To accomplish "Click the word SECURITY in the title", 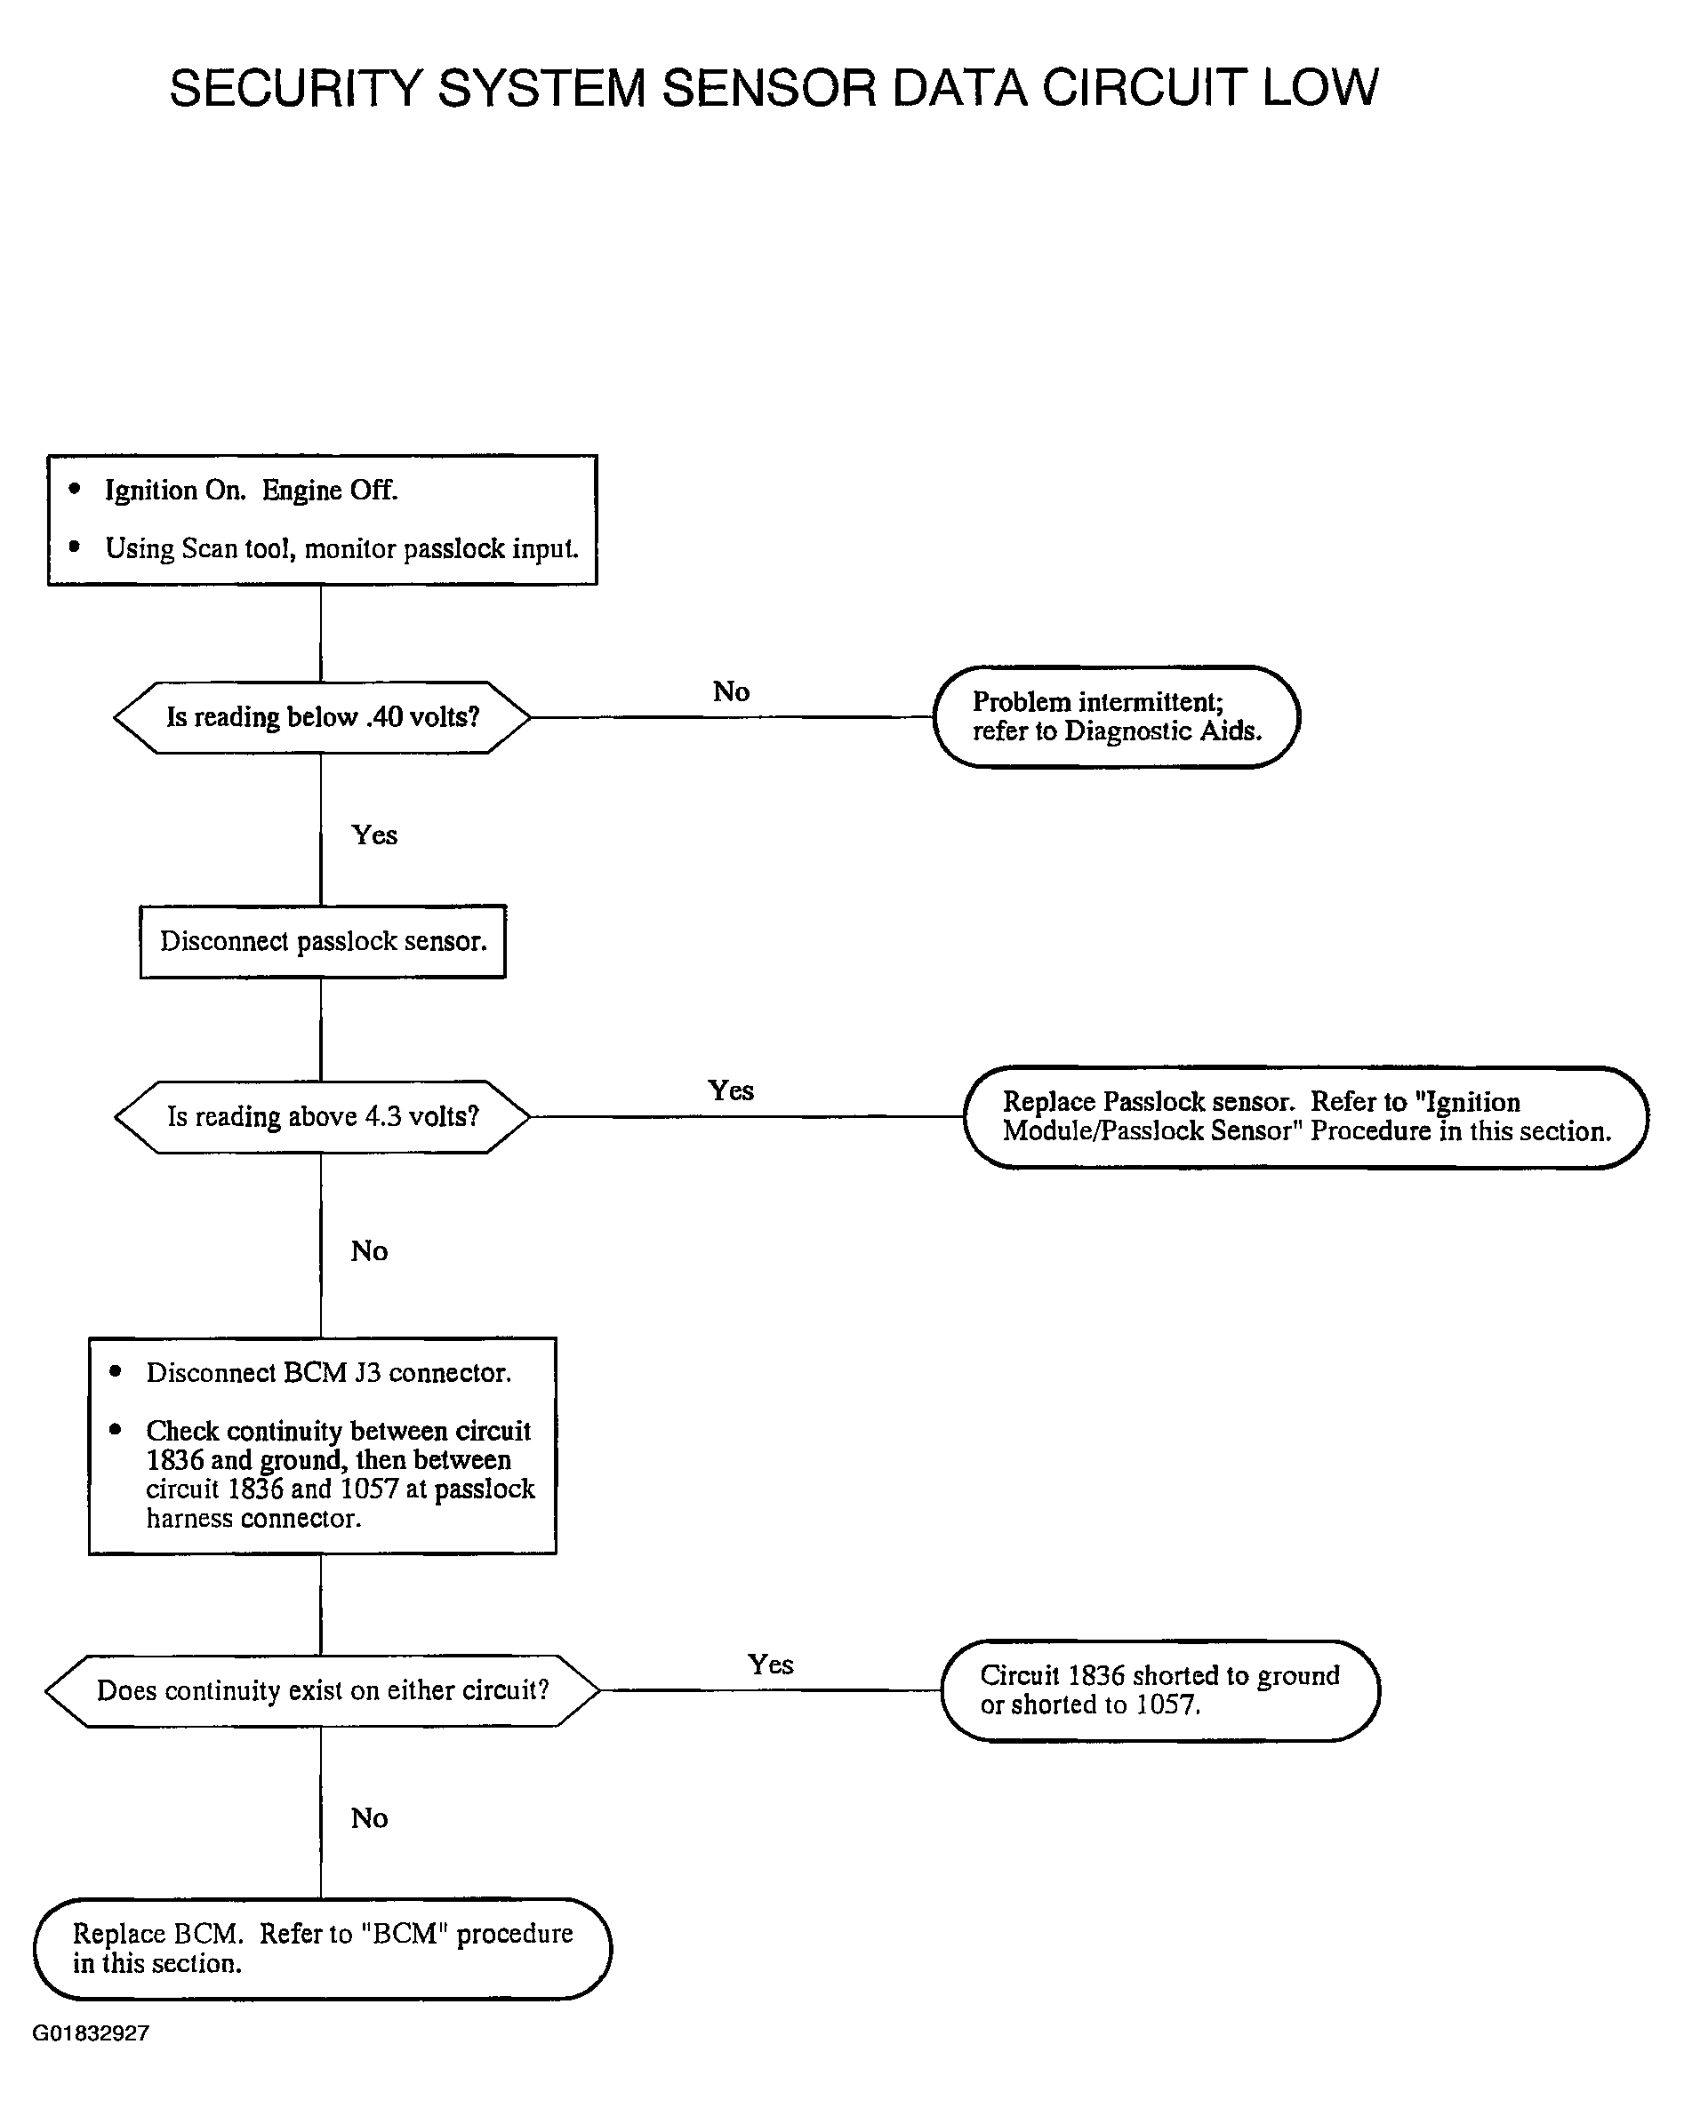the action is (295, 88).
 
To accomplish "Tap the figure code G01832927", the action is (91, 2032).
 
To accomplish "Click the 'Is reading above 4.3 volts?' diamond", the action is (322, 1116).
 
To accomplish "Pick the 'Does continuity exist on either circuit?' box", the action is (322, 1690).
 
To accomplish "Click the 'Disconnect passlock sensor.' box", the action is (323, 941).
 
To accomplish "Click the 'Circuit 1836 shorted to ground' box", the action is (1159, 1690).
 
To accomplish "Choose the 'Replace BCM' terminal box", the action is (322, 1949).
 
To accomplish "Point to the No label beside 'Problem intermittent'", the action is (732, 692).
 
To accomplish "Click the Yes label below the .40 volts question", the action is (374, 835).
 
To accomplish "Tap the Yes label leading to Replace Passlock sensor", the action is (731, 1090).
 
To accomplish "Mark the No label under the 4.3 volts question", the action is (370, 1251).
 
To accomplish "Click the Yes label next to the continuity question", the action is (771, 1665).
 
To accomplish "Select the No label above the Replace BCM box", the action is (370, 1818).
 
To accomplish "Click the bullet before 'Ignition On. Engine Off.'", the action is (76, 489).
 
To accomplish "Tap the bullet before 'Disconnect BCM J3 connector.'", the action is (116, 1370).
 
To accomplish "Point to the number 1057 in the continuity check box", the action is (369, 1489).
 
